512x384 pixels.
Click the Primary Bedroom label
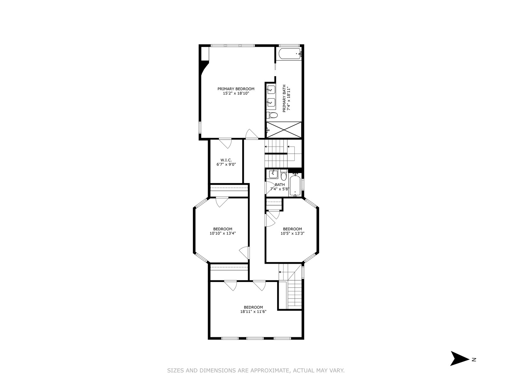pyautogui.click(x=236, y=89)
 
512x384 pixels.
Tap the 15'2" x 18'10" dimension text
pyautogui.click(x=236, y=93)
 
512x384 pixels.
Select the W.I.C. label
pyautogui.click(x=226, y=160)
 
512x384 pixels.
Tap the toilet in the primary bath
pyautogui.click(x=272, y=115)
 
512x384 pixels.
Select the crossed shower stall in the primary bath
pyautogui.click(x=284, y=130)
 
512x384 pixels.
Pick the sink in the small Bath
pyautogui.click(x=273, y=174)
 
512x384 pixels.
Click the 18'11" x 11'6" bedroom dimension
pyautogui.click(x=253, y=311)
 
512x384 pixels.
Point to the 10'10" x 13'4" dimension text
pyautogui.click(x=222, y=233)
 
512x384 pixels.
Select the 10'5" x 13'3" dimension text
pyautogui.click(x=292, y=233)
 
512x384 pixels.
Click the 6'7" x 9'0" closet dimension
pyautogui.click(x=226, y=164)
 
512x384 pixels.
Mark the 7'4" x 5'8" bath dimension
pyautogui.click(x=280, y=189)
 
